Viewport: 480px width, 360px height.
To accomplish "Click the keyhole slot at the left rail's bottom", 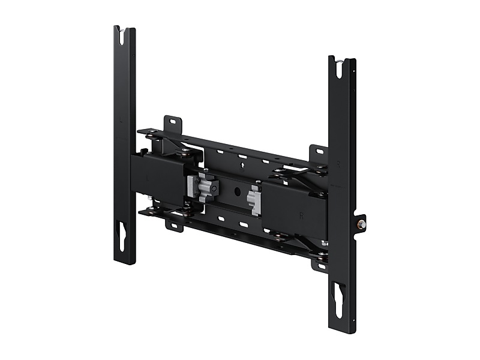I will point(121,235).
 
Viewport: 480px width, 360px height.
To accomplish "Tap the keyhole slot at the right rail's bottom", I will point(340,299).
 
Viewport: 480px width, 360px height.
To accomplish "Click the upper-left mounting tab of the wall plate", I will point(175,122).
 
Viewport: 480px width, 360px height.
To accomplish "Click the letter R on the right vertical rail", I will point(338,163).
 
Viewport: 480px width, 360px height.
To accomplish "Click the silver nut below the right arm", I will point(324,243).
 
